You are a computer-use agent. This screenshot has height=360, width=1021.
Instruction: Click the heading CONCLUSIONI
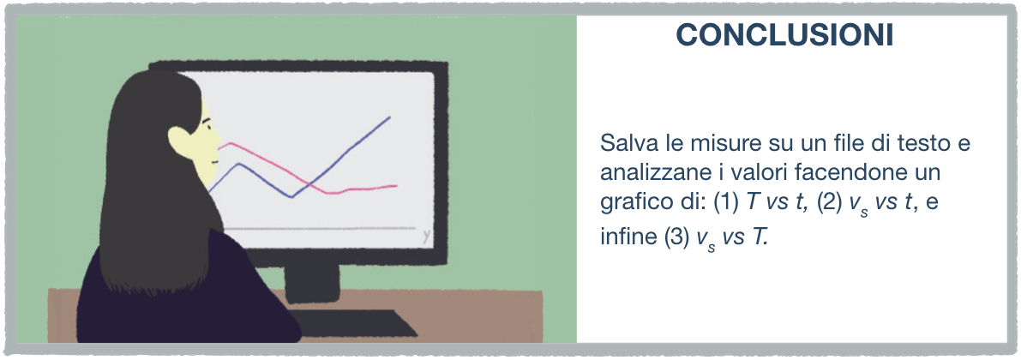coord(784,36)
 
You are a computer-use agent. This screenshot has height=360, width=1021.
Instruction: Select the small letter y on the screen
coord(426,237)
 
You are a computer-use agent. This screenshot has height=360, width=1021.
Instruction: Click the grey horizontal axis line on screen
coord(319,229)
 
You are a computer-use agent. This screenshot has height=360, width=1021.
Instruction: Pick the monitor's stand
coord(312,284)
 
